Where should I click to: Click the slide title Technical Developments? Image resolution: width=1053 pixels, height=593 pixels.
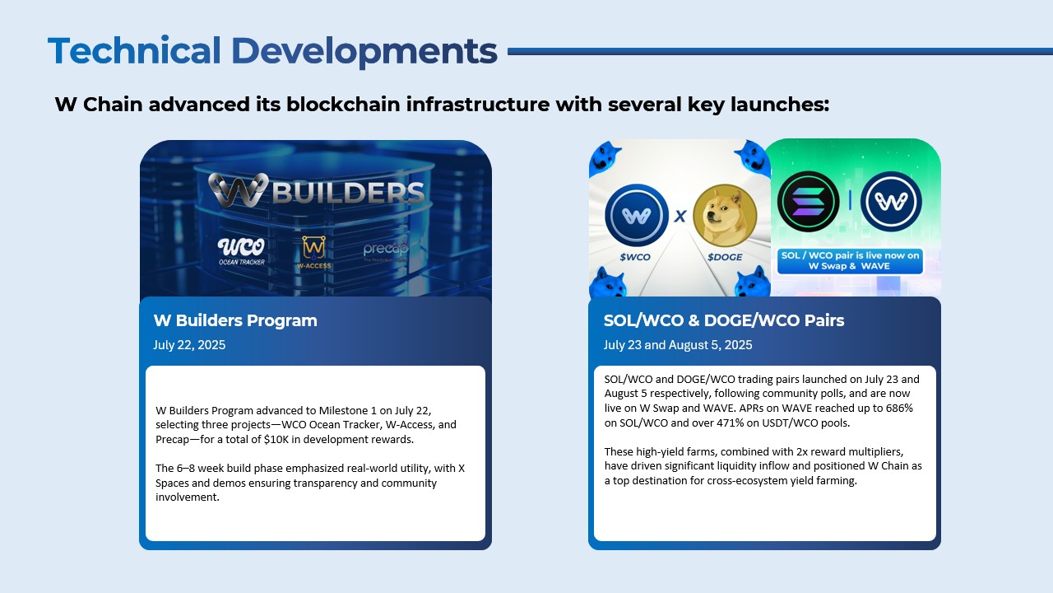272,51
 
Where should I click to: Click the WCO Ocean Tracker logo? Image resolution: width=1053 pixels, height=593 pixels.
241,250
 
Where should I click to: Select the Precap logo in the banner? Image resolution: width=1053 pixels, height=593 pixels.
386,250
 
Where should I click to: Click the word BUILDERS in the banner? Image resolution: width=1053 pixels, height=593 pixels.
348,193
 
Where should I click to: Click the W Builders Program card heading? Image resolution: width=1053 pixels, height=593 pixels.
235,320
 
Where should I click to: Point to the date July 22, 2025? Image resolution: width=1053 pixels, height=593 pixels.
189,345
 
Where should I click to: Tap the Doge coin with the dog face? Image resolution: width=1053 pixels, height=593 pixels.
725,216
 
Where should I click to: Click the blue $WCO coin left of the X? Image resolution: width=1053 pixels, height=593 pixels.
636,216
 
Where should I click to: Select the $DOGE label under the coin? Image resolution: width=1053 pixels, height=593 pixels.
724,257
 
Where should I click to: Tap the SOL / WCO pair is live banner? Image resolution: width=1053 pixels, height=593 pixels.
850,261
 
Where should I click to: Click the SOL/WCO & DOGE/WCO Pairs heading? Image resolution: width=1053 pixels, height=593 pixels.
724,320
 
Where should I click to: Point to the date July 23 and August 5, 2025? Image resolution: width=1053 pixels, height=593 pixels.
678,345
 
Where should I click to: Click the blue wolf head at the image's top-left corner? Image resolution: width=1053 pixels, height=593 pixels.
605,155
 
